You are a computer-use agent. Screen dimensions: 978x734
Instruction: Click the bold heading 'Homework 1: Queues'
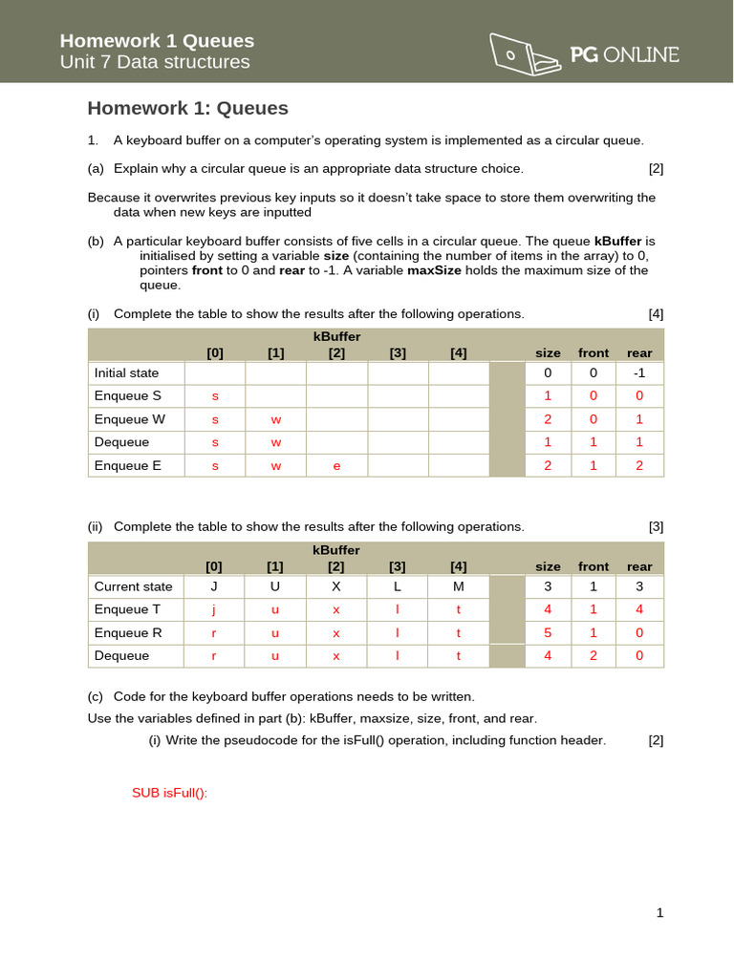[187, 108]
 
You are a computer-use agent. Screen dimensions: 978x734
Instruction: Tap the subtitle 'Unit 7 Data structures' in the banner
[155, 62]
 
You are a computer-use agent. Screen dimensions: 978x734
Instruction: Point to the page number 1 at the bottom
[659, 912]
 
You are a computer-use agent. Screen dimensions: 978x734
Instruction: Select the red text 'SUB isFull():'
[169, 793]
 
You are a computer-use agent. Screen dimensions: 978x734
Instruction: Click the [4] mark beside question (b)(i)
[656, 313]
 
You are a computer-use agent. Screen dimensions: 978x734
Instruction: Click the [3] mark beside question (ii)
[656, 526]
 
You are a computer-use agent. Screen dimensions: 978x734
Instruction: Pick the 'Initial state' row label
[126, 372]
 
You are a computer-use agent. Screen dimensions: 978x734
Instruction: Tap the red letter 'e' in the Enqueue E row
[336, 465]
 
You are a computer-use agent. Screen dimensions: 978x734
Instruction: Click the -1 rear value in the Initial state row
[639, 372]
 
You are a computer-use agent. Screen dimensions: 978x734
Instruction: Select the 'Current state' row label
[130, 586]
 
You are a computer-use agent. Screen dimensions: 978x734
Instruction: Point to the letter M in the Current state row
[459, 586]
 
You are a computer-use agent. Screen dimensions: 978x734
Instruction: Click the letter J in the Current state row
[215, 586]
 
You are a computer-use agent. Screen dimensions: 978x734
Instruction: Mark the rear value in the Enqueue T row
[639, 609]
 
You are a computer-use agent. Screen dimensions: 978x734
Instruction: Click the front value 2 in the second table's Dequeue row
[594, 655]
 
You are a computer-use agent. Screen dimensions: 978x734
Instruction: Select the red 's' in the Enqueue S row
[215, 395]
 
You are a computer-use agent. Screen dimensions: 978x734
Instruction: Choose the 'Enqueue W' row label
[128, 418]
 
